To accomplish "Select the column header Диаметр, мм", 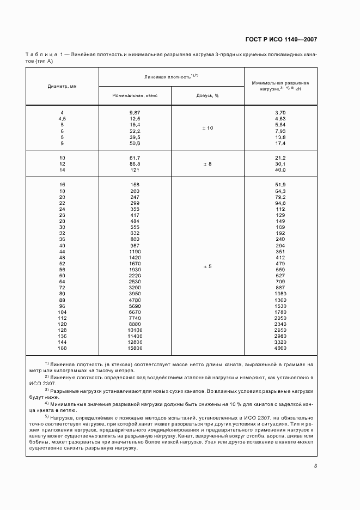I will pyautogui.click(x=62, y=86).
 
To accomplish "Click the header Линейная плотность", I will pyautogui.click(x=171, y=76).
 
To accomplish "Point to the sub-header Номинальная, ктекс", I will pyautogui.click(x=135, y=95).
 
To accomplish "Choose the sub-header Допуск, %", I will pyautogui.click(x=208, y=95).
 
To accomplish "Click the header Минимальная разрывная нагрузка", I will pyautogui.click(x=280, y=85).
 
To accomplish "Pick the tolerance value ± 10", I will pyautogui.click(x=208, y=127).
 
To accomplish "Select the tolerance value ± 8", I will pyautogui.click(x=208, y=163).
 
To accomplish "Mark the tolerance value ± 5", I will pyautogui.click(x=208, y=266).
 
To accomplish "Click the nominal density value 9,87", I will pyautogui.click(x=135, y=112).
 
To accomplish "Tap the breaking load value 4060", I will pyautogui.click(x=280, y=348).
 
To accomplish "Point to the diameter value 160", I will pyautogui.click(x=62, y=348).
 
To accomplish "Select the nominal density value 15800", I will pyautogui.click(x=135, y=348).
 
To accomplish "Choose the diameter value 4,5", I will pyautogui.click(x=62, y=118).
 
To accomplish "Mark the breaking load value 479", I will pyautogui.click(x=280, y=263).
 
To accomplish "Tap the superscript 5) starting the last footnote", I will pyautogui.click(x=47, y=416).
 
